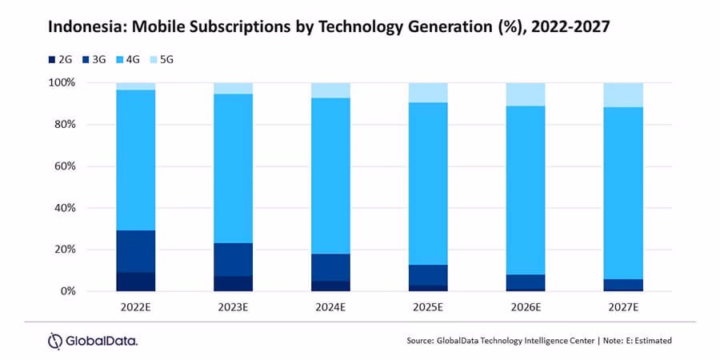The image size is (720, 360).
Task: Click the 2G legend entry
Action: (x=61, y=58)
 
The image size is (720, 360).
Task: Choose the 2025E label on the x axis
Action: (x=427, y=306)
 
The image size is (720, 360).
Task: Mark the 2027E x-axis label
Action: (x=623, y=306)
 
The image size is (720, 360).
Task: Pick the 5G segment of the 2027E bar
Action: (x=623, y=94)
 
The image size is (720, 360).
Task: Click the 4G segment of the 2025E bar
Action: (x=427, y=183)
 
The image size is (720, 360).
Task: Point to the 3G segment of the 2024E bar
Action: (x=330, y=267)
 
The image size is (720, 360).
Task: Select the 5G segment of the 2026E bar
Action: (x=526, y=94)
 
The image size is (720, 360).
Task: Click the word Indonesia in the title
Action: (x=82, y=27)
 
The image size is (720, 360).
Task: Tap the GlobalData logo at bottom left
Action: (x=93, y=341)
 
